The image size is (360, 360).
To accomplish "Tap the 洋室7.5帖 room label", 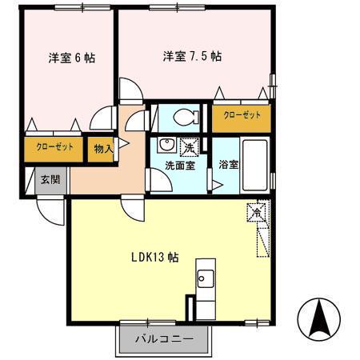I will pos(192,57).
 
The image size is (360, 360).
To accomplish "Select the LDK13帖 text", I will pos(154,258).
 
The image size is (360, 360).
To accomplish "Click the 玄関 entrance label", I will pos(50,178).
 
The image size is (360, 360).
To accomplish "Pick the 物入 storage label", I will pos(102,149).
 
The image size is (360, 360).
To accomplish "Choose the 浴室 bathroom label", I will pos(228,166).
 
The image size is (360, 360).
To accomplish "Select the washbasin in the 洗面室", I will pos(166,145).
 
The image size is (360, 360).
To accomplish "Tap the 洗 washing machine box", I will pos(189,146).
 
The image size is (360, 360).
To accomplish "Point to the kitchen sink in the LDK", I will pos(203,280).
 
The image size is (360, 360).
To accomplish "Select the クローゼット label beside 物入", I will pos(53,148).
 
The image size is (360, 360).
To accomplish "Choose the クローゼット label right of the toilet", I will pos(241,116).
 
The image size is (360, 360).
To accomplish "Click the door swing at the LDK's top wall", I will pos(132,207).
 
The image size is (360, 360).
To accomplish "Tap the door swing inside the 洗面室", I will pos(160,182).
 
